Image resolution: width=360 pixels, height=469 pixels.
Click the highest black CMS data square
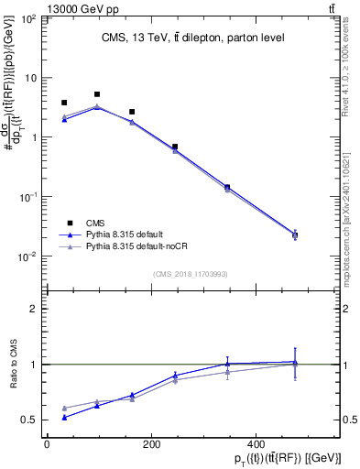[97, 94]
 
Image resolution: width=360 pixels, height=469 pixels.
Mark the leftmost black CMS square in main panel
[64, 104]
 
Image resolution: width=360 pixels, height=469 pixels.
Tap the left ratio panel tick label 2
[33, 309]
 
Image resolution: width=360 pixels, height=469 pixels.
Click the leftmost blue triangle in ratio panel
[64, 417]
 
